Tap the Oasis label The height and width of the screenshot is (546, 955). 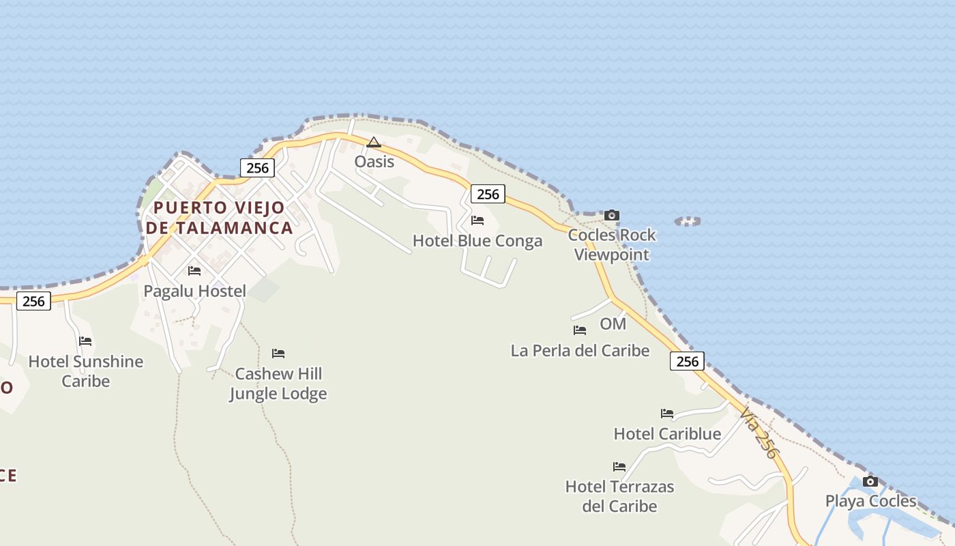tap(374, 162)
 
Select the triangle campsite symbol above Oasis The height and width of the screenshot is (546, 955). tap(373, 142)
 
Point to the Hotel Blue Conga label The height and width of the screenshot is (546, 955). tap(477, 241)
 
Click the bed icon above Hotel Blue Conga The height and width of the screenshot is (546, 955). tap(477, 220)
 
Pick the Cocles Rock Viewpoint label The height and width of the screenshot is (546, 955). tap(612, 244)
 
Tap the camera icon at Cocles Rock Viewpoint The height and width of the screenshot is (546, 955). tap(612, 216)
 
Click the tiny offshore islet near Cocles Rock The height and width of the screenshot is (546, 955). tap(688, 221)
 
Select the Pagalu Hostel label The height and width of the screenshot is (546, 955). tap(194, 291)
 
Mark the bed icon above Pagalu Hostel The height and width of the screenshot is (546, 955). tap(194, 271)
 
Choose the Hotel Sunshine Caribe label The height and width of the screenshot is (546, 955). tap(86, 371)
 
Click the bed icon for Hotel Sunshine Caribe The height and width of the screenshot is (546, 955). tap(85, 341)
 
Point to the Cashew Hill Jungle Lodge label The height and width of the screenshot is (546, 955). tap(278, 384)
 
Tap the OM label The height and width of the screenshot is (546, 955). tap(613, 324)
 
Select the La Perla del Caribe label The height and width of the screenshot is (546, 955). tap(580, 351)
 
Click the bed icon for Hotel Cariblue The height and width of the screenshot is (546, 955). tap(667, 414)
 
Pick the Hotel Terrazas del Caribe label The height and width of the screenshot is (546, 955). tap(619, 496)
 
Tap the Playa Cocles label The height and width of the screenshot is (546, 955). tap(870, 501)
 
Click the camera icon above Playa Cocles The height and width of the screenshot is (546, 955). tap(870, 482)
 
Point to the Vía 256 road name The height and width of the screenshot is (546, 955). tap(759, 432)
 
